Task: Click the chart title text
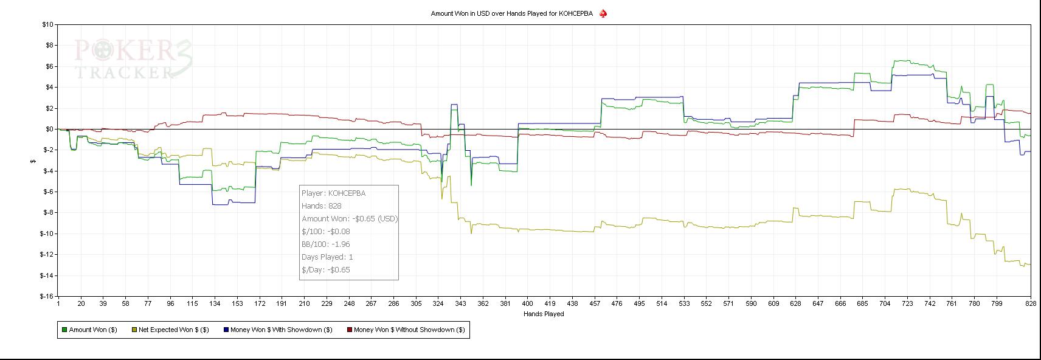[x=511, y=13]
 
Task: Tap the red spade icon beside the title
[x=603, y=13]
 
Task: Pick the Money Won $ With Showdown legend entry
[x=277, y=330]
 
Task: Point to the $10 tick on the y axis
[x=47, y=24]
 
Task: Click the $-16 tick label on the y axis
[x=47, y=296]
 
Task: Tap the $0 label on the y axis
[x=49, y=129]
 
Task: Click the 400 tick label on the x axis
[x=527, y=303]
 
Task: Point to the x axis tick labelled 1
[x=58, y=303]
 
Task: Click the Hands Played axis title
[x=544, y=314]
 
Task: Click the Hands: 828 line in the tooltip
[x=321, y=206]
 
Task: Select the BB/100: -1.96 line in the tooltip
[x=325, y=244]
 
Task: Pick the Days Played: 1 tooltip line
[x=327, y=257]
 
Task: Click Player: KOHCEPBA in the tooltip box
[x=333, y=193]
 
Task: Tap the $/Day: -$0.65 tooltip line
[x=325, y=269]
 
